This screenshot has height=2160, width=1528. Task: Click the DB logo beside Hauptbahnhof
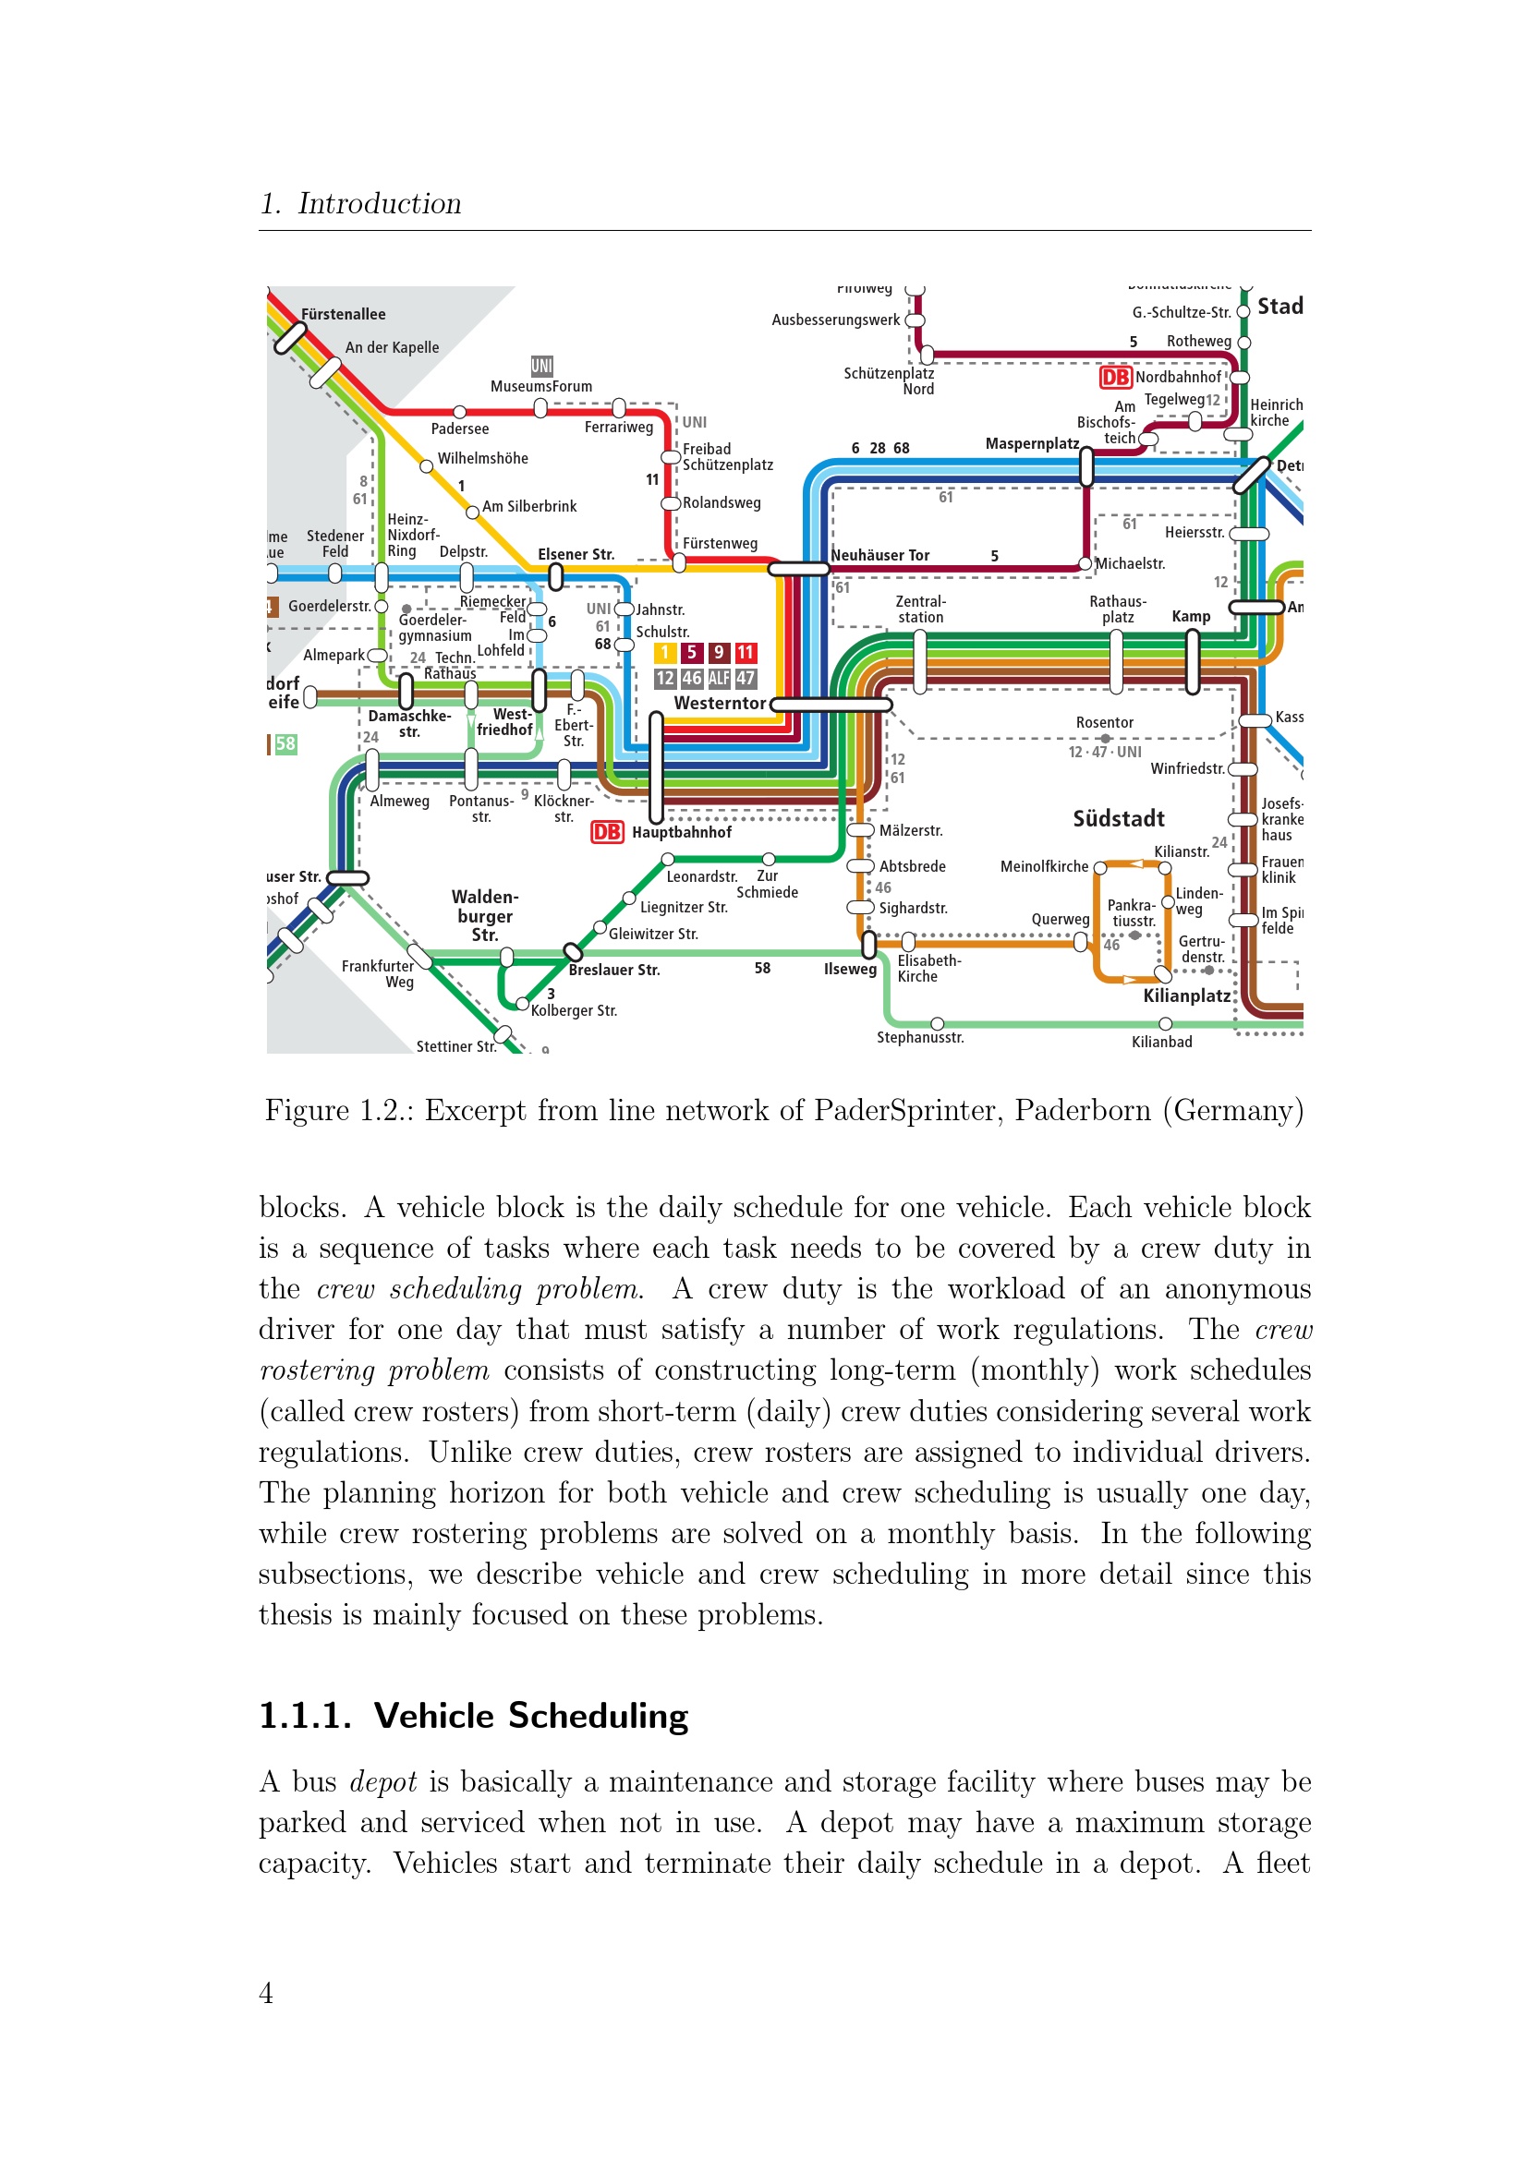[x=607, y=832]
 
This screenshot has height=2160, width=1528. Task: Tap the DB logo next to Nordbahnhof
[x=1115, y=378]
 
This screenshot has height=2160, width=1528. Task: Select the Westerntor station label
[x=720, y=703]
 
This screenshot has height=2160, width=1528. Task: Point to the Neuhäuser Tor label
[x=879, y=555]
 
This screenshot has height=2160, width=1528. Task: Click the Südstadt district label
[x=1119, y=818]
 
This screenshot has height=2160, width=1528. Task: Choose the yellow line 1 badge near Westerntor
[x=665, y=652]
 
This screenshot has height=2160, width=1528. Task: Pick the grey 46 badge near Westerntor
[x=692, y=677]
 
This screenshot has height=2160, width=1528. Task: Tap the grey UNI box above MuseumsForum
[x=542, y=366]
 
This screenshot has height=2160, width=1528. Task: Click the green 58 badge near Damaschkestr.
[x=285, y=744]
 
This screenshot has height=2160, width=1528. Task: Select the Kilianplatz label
[x=1186, y=996]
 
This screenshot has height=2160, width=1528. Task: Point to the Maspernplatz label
[x=1031, y=443]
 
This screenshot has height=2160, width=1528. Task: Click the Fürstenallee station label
[x=343, y=314]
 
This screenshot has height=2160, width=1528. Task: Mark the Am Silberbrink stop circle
[x=473, y=513]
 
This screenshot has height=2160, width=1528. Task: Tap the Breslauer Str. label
[x=613, y=970]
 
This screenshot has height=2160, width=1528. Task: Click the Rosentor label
[x=1105, y=722]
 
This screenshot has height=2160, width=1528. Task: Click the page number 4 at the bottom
[x=266, y=1993]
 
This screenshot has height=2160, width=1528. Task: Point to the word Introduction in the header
[x=379, y=203]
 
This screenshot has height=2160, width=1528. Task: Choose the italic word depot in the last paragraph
[x=382, y=1781]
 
